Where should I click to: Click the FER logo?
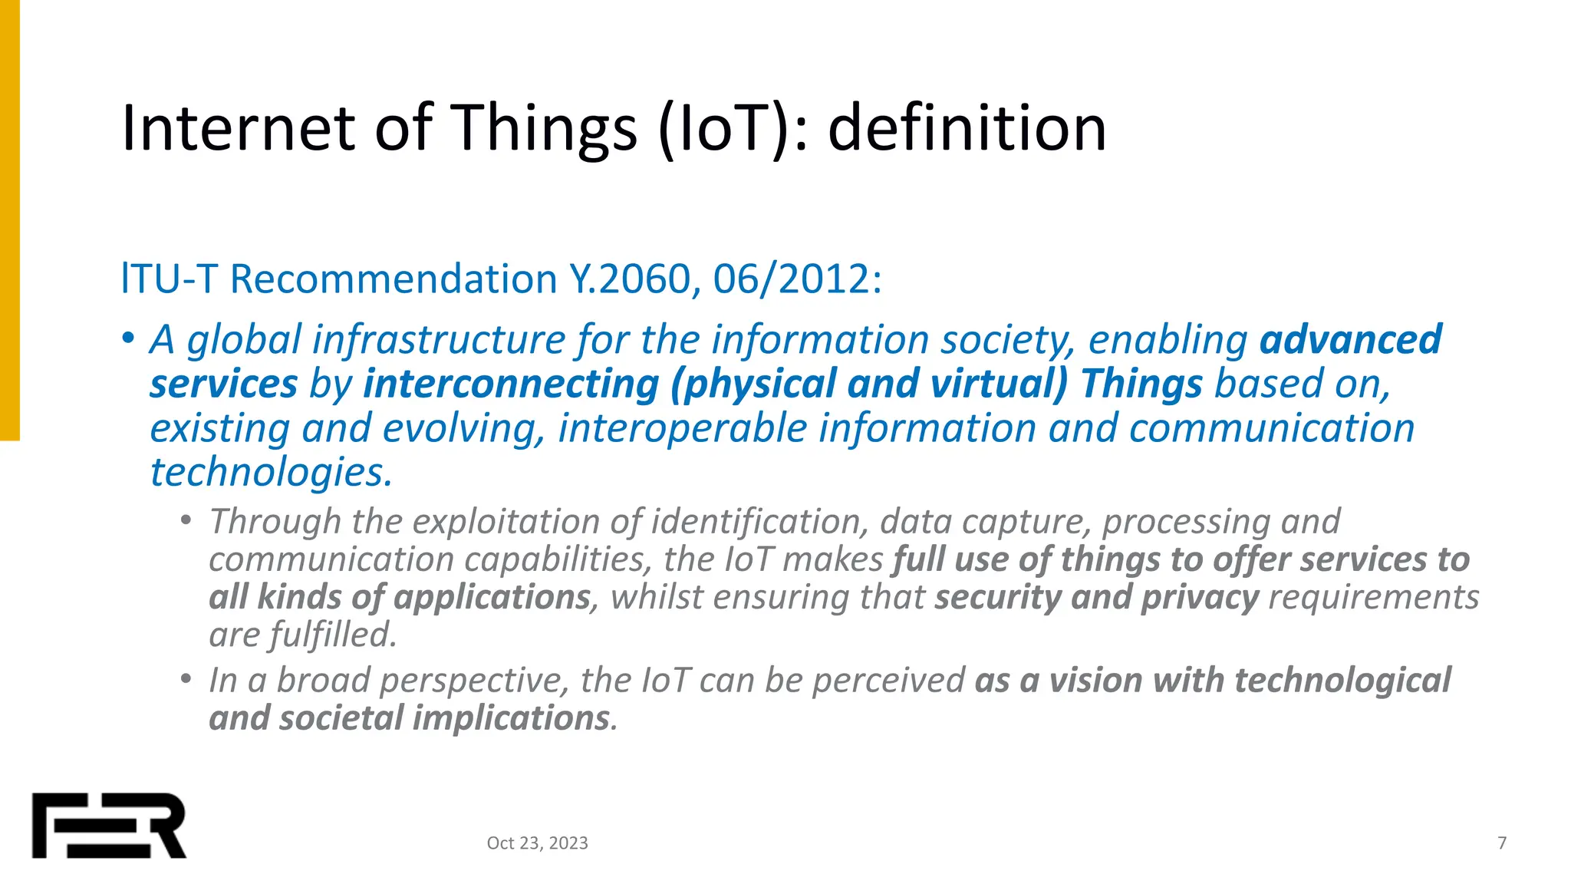[x=109, y=825]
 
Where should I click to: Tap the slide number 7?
[x=1501, y=843]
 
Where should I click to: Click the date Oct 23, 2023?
[x=537, y=843]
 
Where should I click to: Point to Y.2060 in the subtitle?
[x=629, y=279]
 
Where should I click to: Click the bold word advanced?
[x=1350, y=339]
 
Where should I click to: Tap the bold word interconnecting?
[x=511, y=384]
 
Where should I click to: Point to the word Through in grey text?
[x=275, y=522]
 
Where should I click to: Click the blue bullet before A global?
[x=128, y=338]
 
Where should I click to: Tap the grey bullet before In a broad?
[x=186, y=679]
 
